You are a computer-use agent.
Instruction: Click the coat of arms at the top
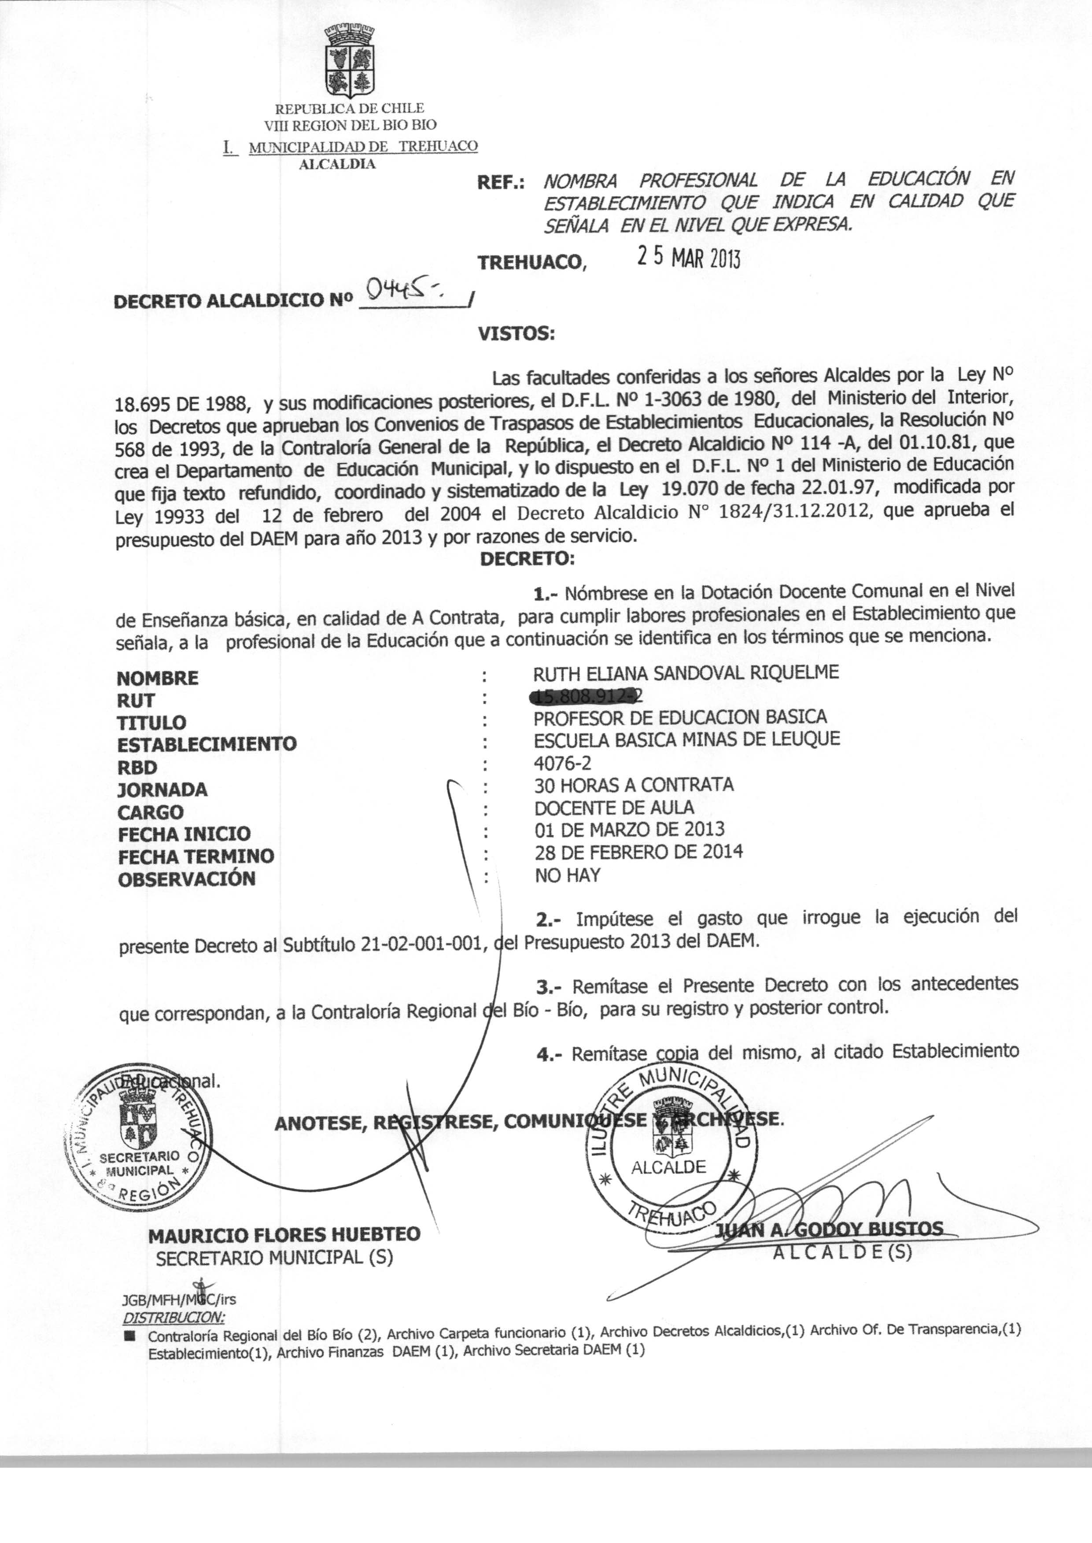coord(349,62)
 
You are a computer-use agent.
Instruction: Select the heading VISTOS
coord(516,333)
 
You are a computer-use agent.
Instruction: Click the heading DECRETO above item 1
coord(527,559)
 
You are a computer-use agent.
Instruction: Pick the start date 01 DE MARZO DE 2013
coord(629,830)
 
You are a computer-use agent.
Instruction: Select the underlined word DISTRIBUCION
coord(175,1316)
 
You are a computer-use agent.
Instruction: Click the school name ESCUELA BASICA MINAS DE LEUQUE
coord(686,739)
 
